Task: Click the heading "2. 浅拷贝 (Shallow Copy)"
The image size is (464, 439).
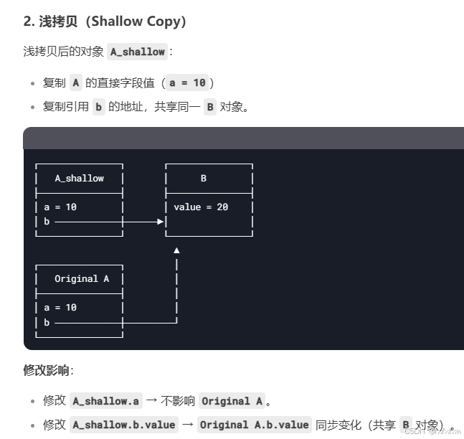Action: [x=105, y=22]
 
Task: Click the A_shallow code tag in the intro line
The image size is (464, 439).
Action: [x=138, y=52]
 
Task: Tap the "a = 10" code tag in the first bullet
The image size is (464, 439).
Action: [x=187, y=82]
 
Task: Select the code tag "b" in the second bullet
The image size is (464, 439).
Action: [x=99, y=107]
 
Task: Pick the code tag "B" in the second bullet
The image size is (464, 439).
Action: [x=209, y=107]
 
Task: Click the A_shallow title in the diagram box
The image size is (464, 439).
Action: [x=79, y=178]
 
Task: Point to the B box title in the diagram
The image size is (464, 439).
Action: [x=203, y=178]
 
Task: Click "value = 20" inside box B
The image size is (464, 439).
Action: [x=201, y=207]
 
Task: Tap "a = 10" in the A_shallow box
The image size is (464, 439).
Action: [x=60, y=207]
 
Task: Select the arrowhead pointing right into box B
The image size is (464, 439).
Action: [x=161, y=222]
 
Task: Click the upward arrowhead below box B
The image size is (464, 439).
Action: [x=176, y=250]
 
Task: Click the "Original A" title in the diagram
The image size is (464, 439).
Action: [x=82, y=278]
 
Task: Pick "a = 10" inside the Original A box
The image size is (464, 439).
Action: [x=60, y=307]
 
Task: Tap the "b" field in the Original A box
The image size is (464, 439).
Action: [x=47, y=323]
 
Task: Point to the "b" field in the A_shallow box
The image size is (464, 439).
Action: [x=47, y=222]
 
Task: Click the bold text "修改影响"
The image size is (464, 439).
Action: [x=47, y=370]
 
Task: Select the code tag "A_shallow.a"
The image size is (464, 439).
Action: [x=105, y=401]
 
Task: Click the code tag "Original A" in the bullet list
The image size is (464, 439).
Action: [x=232, y=401]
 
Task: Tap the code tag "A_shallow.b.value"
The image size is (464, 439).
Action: [x=124, y=425]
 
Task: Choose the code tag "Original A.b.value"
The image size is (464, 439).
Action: [x=254, y=425]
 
